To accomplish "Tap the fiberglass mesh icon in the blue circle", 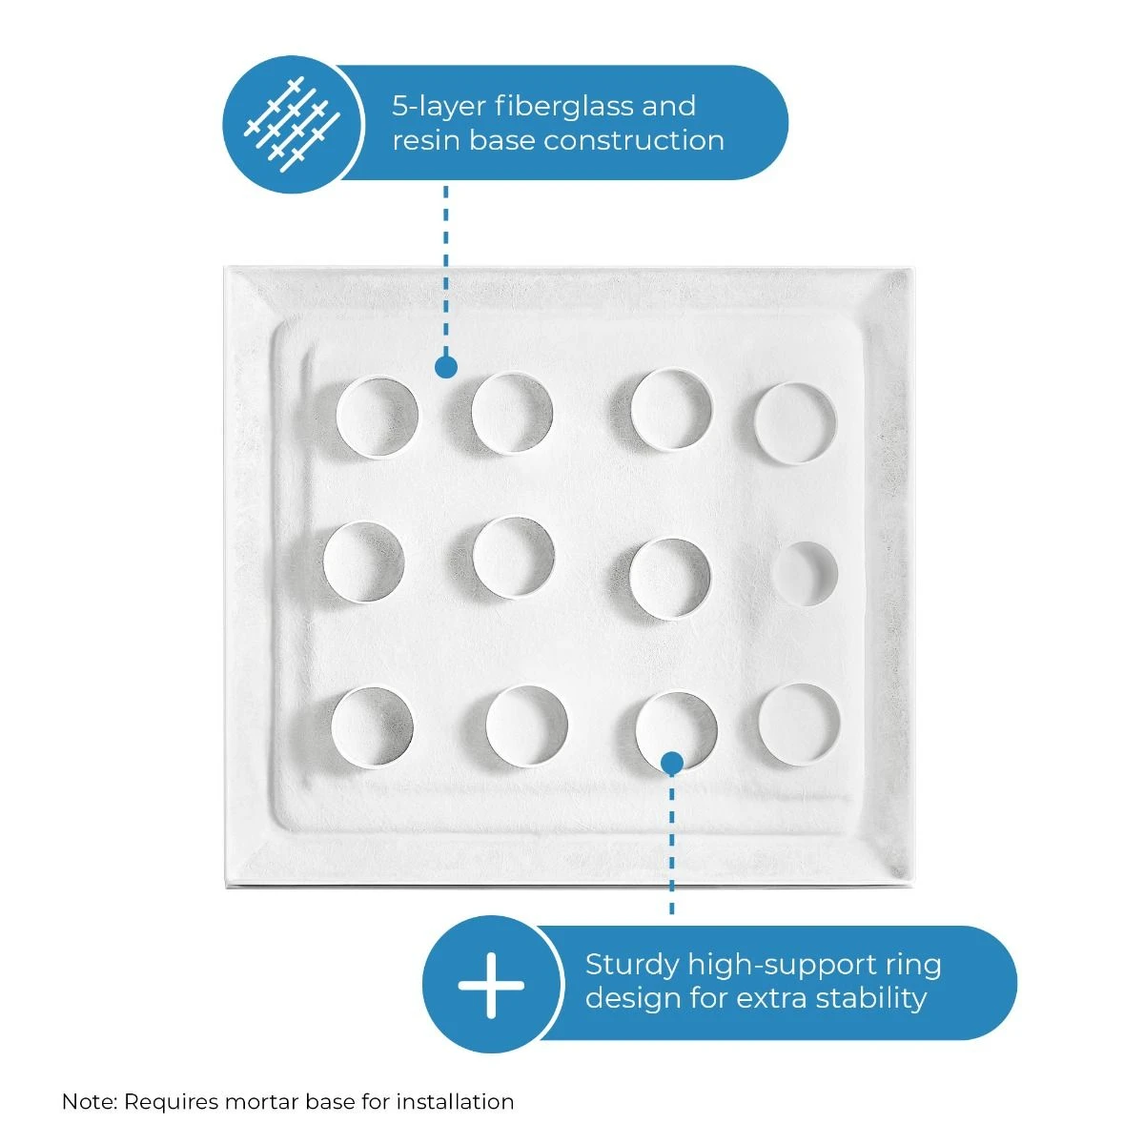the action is coord(292,124).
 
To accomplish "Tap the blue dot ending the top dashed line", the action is coord(446,367).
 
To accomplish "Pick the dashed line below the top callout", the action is coord(446,271).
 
